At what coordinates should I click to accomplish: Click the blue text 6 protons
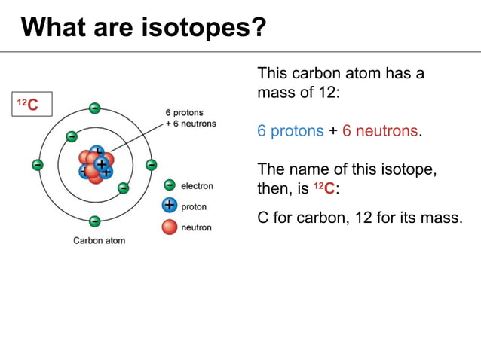[x=290, y=131]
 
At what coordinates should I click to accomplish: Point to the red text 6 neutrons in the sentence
[x=380, y=131]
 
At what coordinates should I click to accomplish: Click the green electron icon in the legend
[x=170, y=185]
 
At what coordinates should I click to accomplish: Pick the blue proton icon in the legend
[x=170, y=206]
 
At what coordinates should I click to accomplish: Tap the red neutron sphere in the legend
[x=170, y=227]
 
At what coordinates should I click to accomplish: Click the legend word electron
[x=197, y=186]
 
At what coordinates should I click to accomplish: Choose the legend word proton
[x=194, y=206]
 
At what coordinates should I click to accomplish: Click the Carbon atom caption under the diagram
[x=99, y=241]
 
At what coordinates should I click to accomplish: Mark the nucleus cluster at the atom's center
[x=96, y=164]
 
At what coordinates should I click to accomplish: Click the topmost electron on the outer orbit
[x=94, y=108]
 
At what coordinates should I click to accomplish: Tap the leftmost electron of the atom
[x=37, y=164]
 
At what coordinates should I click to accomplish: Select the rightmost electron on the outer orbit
[x=151, y=164]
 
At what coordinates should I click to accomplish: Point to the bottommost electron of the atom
[x=94, y=221]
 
